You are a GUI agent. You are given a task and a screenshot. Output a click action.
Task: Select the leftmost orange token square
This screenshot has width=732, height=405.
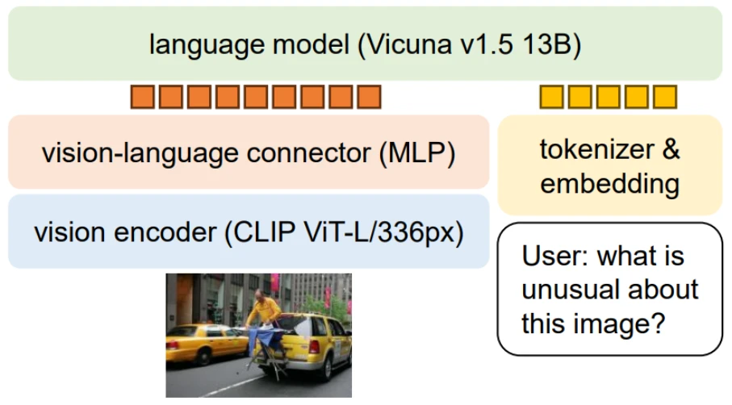tap(141, 98)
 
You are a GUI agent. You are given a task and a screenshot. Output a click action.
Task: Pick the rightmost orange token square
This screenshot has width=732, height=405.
tap(370, 98)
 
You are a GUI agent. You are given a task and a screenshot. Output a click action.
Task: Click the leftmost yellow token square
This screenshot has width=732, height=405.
tap(550, 98)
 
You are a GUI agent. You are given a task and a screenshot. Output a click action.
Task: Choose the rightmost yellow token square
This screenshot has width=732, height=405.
tap(665, 98)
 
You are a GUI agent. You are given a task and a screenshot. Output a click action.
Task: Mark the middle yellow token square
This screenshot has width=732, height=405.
tap(608, 98)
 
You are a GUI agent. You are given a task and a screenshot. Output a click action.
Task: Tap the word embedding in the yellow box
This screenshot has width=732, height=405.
tap(609, 183)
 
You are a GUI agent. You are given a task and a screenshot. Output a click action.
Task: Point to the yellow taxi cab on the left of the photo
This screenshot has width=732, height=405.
tap(198, 342)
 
